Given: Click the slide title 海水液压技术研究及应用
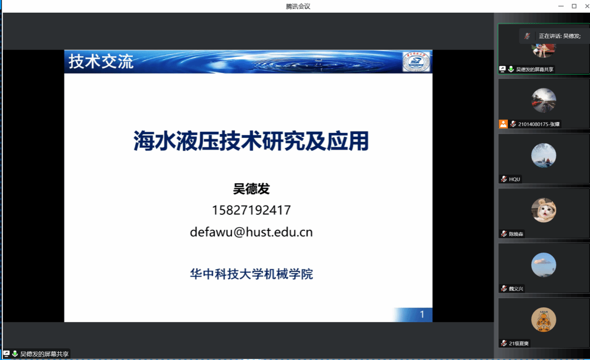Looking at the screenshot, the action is coord(251,141).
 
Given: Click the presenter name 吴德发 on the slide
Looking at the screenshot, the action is coord(251,189).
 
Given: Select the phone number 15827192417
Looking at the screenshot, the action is coord(251,210).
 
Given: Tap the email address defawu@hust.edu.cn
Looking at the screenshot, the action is coord(251,232).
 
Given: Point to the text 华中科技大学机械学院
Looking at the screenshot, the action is coord(251,274).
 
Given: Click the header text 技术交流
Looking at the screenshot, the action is coord(101,62).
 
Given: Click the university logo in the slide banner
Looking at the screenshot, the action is coord(416,62).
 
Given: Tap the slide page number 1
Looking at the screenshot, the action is coord(422,314).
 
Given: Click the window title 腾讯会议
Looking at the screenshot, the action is coord(298,6).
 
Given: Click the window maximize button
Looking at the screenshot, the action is coord(574,6).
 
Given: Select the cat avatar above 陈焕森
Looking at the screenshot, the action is coord(544,210).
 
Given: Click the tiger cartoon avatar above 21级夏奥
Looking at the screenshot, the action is coord(544,320).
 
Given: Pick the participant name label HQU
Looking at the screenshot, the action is coord(515,179).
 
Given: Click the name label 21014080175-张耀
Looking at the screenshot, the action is coord(538,124).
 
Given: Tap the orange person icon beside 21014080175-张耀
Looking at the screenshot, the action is coord(503,124).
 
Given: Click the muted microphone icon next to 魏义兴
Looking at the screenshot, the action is coord(504,288).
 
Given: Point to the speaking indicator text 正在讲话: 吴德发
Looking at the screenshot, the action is coord(560,36).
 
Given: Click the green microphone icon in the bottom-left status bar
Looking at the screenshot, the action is coord(15,354).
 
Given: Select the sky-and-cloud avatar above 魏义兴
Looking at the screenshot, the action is coord(544,265).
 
